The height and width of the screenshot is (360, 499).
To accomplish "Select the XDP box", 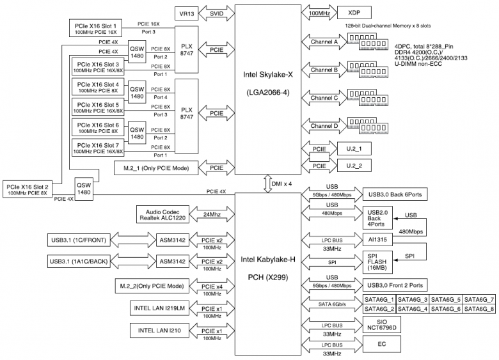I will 353,12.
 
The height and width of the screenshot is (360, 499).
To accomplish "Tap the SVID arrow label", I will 218,13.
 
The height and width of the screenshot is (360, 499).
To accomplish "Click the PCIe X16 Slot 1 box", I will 97,27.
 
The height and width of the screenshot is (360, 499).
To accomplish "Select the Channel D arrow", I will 324,125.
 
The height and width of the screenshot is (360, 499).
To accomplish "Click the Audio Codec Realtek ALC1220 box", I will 159,215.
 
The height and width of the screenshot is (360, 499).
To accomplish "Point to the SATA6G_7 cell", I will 479,299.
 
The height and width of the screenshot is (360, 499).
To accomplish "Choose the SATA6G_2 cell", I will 379,309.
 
